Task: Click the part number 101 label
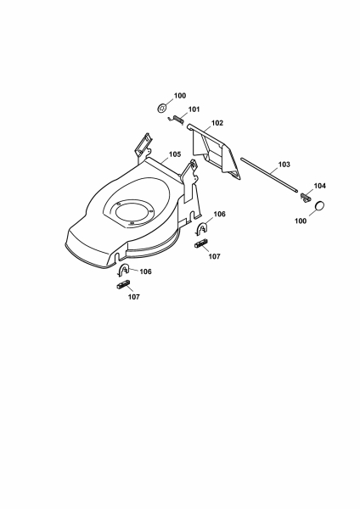[x=194, y=109]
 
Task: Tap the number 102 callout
[x=217, y=123]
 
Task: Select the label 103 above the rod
[x=284, y=165]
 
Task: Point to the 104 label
[x=320, y=186]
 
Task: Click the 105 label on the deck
[x=175, y=154]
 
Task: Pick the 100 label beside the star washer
[x=180, y=95]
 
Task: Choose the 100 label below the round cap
[x=301, y=221]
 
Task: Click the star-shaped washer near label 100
[x=162, y=108]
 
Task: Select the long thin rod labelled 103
[x=269, y=175]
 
